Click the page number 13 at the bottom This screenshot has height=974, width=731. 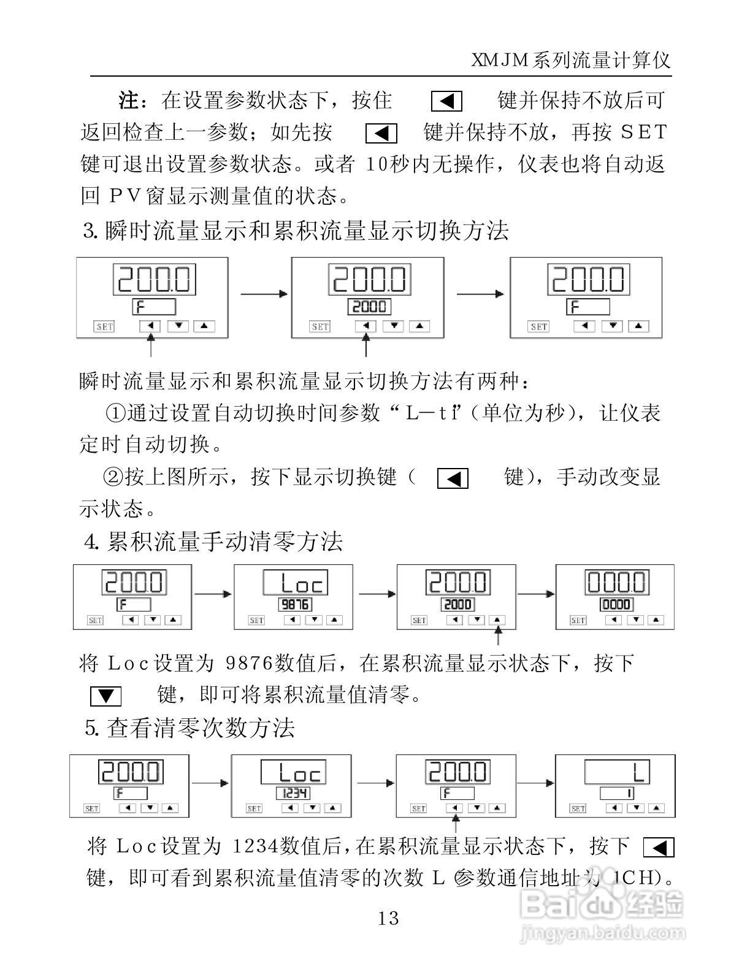[388, 918]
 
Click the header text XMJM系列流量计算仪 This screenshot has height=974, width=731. [570, 60]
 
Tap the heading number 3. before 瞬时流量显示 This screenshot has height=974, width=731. [91, 231]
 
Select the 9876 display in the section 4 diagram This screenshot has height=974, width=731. [294, 604]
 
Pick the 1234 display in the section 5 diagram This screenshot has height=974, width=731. [293, 793]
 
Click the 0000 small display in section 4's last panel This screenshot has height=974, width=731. [616, 604]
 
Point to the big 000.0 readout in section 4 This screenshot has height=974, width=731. [616, 581]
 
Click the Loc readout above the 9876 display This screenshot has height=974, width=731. [294, 581]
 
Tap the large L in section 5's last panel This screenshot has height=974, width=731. [638, 772]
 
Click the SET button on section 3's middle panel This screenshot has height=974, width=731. [320, 326]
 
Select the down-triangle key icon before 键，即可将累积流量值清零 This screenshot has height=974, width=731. [105, 696]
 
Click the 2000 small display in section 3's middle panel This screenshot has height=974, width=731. [369, 306]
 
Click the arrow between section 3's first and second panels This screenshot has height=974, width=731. [264, 294]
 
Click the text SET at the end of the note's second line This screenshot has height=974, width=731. [643, 132]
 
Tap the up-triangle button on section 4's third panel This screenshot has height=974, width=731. [497, 620]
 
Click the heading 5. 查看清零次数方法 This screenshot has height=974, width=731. [190, 728]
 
